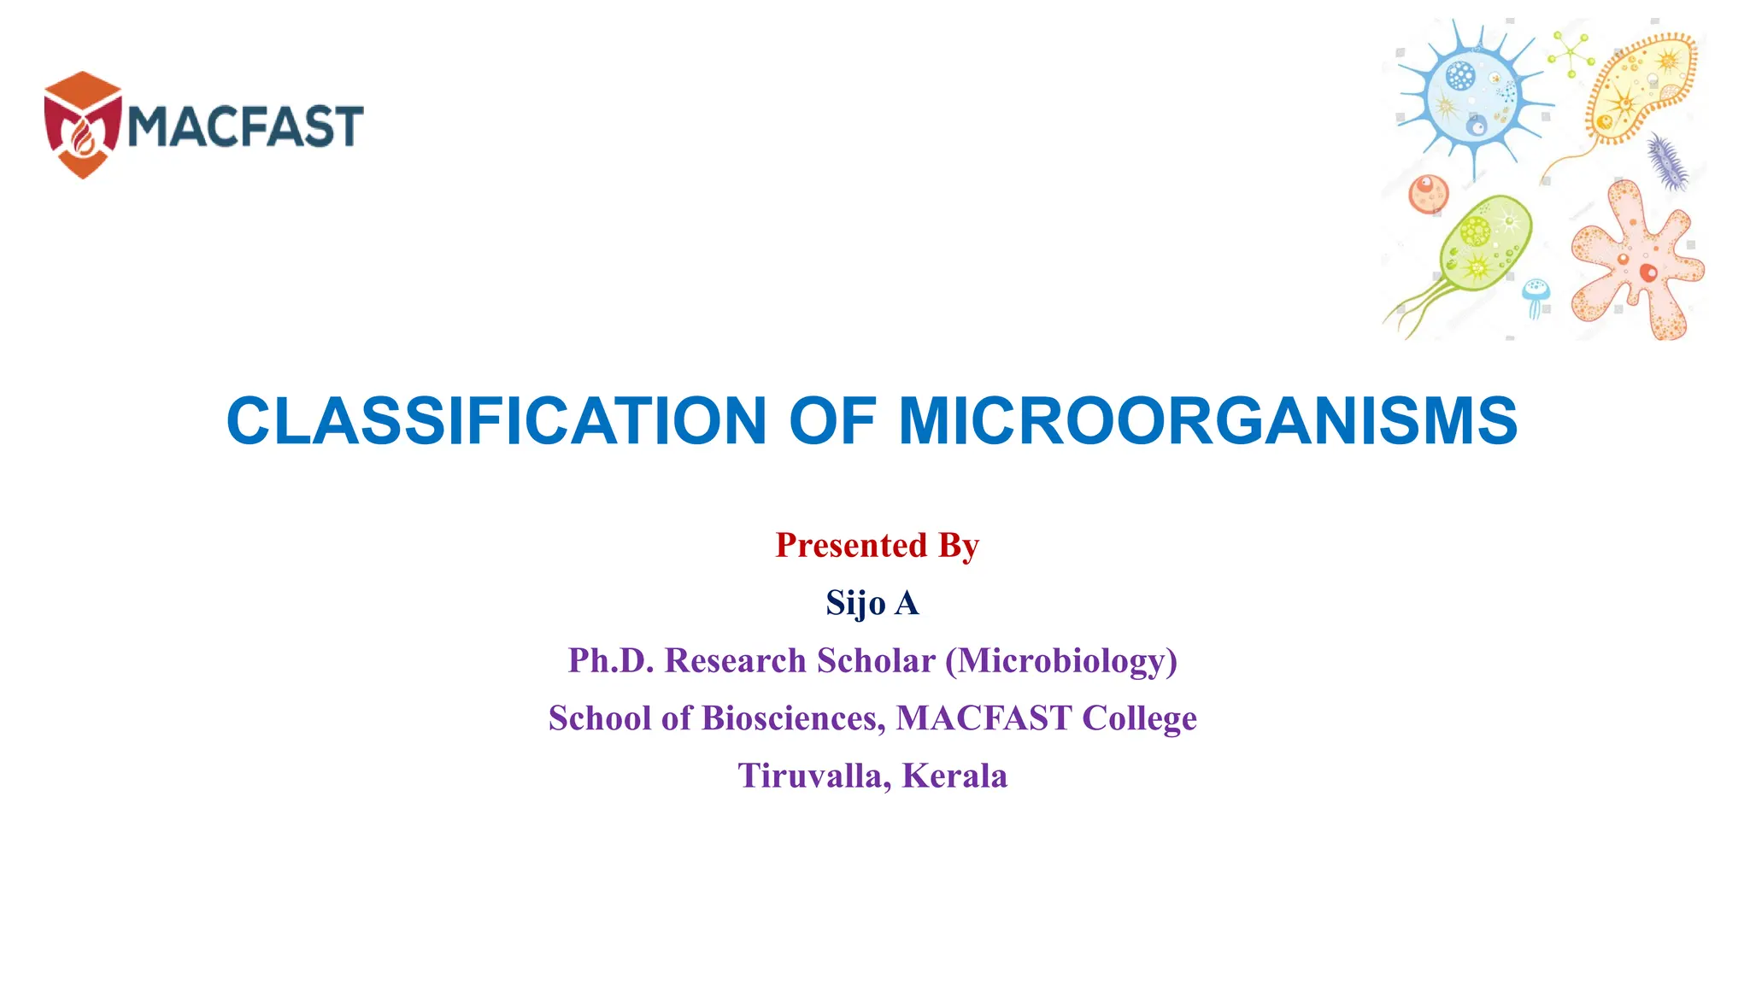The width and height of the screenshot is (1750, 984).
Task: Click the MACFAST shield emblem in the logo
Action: click(83, 125)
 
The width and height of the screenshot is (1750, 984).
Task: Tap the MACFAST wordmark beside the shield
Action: click(246, 126)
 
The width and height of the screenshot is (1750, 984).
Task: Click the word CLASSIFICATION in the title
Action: click(496, 421)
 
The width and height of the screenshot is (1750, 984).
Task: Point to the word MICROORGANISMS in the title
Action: click(1207, 421)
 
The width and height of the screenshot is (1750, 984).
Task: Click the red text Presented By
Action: click(877, 545)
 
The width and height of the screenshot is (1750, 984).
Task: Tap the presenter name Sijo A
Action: click(872, 603)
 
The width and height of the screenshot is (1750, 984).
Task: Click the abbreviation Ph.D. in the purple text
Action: click(611, 660)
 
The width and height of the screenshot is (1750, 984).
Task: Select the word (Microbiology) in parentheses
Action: click(1061, 661)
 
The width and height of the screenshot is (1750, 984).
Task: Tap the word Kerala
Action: click(954, 776)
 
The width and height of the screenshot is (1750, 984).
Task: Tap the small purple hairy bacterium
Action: click(1666, 161)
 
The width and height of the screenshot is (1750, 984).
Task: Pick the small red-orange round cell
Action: click(1428, 192)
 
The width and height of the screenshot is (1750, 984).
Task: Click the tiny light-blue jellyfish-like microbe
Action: click(1536, 296)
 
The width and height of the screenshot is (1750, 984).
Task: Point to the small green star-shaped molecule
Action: click(1571, 54)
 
